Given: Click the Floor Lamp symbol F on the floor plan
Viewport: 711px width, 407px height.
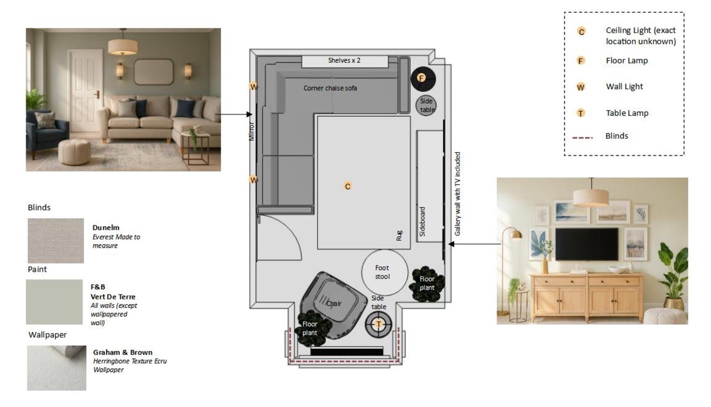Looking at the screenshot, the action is pyautogui.click(x=421, y=78).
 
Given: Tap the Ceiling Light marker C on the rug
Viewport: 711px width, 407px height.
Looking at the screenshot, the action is pyautogui.click(x=348, y=186).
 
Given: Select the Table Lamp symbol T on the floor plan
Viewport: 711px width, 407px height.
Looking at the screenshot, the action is pyautogui.click(x=378, y=324).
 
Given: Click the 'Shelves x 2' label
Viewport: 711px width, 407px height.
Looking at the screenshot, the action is pyautogui.click(x=344, y=60).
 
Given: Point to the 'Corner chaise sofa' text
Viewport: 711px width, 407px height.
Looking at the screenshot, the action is pyautogui.click(x=330, y=88).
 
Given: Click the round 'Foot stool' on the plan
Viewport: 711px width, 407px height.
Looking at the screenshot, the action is pyautogui.click(x=384, y=272).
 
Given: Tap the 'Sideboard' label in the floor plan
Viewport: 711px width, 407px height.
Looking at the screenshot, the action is pyautogui.click(x=422, y=221).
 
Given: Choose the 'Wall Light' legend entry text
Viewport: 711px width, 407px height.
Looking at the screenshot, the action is pyautogui.click(x=624, y=86).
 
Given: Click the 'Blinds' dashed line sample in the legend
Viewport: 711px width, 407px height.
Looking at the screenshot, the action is pyautogui.click(x=583, y=138).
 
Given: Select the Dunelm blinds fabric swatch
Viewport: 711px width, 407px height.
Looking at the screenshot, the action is pyautogui.click(x=56, y=241).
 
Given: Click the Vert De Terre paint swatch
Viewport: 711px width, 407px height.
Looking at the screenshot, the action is pyautogui.click(x=54, y=302).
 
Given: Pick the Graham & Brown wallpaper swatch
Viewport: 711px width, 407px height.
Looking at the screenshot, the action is pyautogui.click(x=57, y=368).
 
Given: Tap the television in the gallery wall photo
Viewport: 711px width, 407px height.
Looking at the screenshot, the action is pyautogui.click(x=587, y=244).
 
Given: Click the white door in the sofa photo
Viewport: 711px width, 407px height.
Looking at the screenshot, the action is pyautogui.click(x=85, y=91).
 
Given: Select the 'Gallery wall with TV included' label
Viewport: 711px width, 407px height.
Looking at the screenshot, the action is pyautogui.click(x=457, y=194).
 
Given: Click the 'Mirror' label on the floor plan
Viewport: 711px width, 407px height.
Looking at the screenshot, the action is pyautogui.click(x=251, y=131).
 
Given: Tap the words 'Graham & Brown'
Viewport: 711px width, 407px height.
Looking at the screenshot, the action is pyautogui.click(x=123, y=352).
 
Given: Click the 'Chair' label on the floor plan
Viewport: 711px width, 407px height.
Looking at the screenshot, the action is pyautogui.click(x=334, y=304).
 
